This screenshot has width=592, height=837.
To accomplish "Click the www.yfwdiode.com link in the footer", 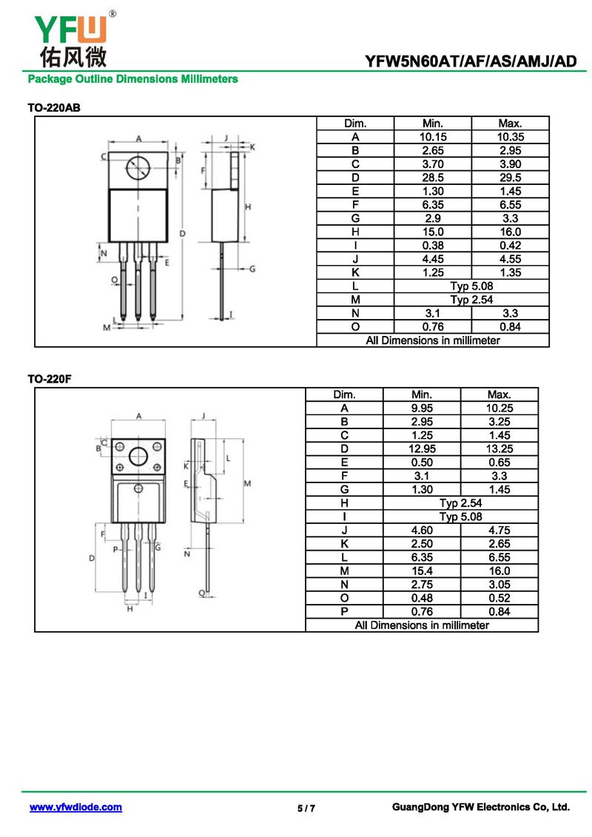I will tap(75, 807).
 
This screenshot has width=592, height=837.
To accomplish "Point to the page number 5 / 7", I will tap(306, 808).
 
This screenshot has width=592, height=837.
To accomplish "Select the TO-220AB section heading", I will tap(54, 108).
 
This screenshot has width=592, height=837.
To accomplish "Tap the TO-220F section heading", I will tap(51, 379).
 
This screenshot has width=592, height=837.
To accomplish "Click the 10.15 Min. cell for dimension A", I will tap(432, 137).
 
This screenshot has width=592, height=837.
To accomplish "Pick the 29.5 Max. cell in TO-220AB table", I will tap(510, 178).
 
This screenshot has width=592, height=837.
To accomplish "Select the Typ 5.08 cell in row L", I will tap(471, 286).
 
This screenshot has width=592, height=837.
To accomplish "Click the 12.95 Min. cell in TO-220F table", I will tap(421, 449).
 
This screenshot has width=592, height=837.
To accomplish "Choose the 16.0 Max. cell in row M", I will tap(499, 571).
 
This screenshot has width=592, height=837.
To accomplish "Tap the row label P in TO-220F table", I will tap(344, 611).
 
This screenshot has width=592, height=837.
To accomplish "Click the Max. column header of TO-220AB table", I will tap(510, 124).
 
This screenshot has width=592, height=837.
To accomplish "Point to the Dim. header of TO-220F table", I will tap(344, 394).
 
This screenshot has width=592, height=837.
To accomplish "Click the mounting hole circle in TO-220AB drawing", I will tap(138, 169).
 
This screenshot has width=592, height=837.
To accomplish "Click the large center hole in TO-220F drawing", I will tap(138, 457).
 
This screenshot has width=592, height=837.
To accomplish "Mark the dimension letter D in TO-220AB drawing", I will tap(183, 234).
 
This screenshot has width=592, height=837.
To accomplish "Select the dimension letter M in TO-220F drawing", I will tap(249, 483).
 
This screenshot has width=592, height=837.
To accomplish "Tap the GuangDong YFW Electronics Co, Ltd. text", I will tap(480, 807).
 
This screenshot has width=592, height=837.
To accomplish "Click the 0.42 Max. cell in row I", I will tap(510, 245).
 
